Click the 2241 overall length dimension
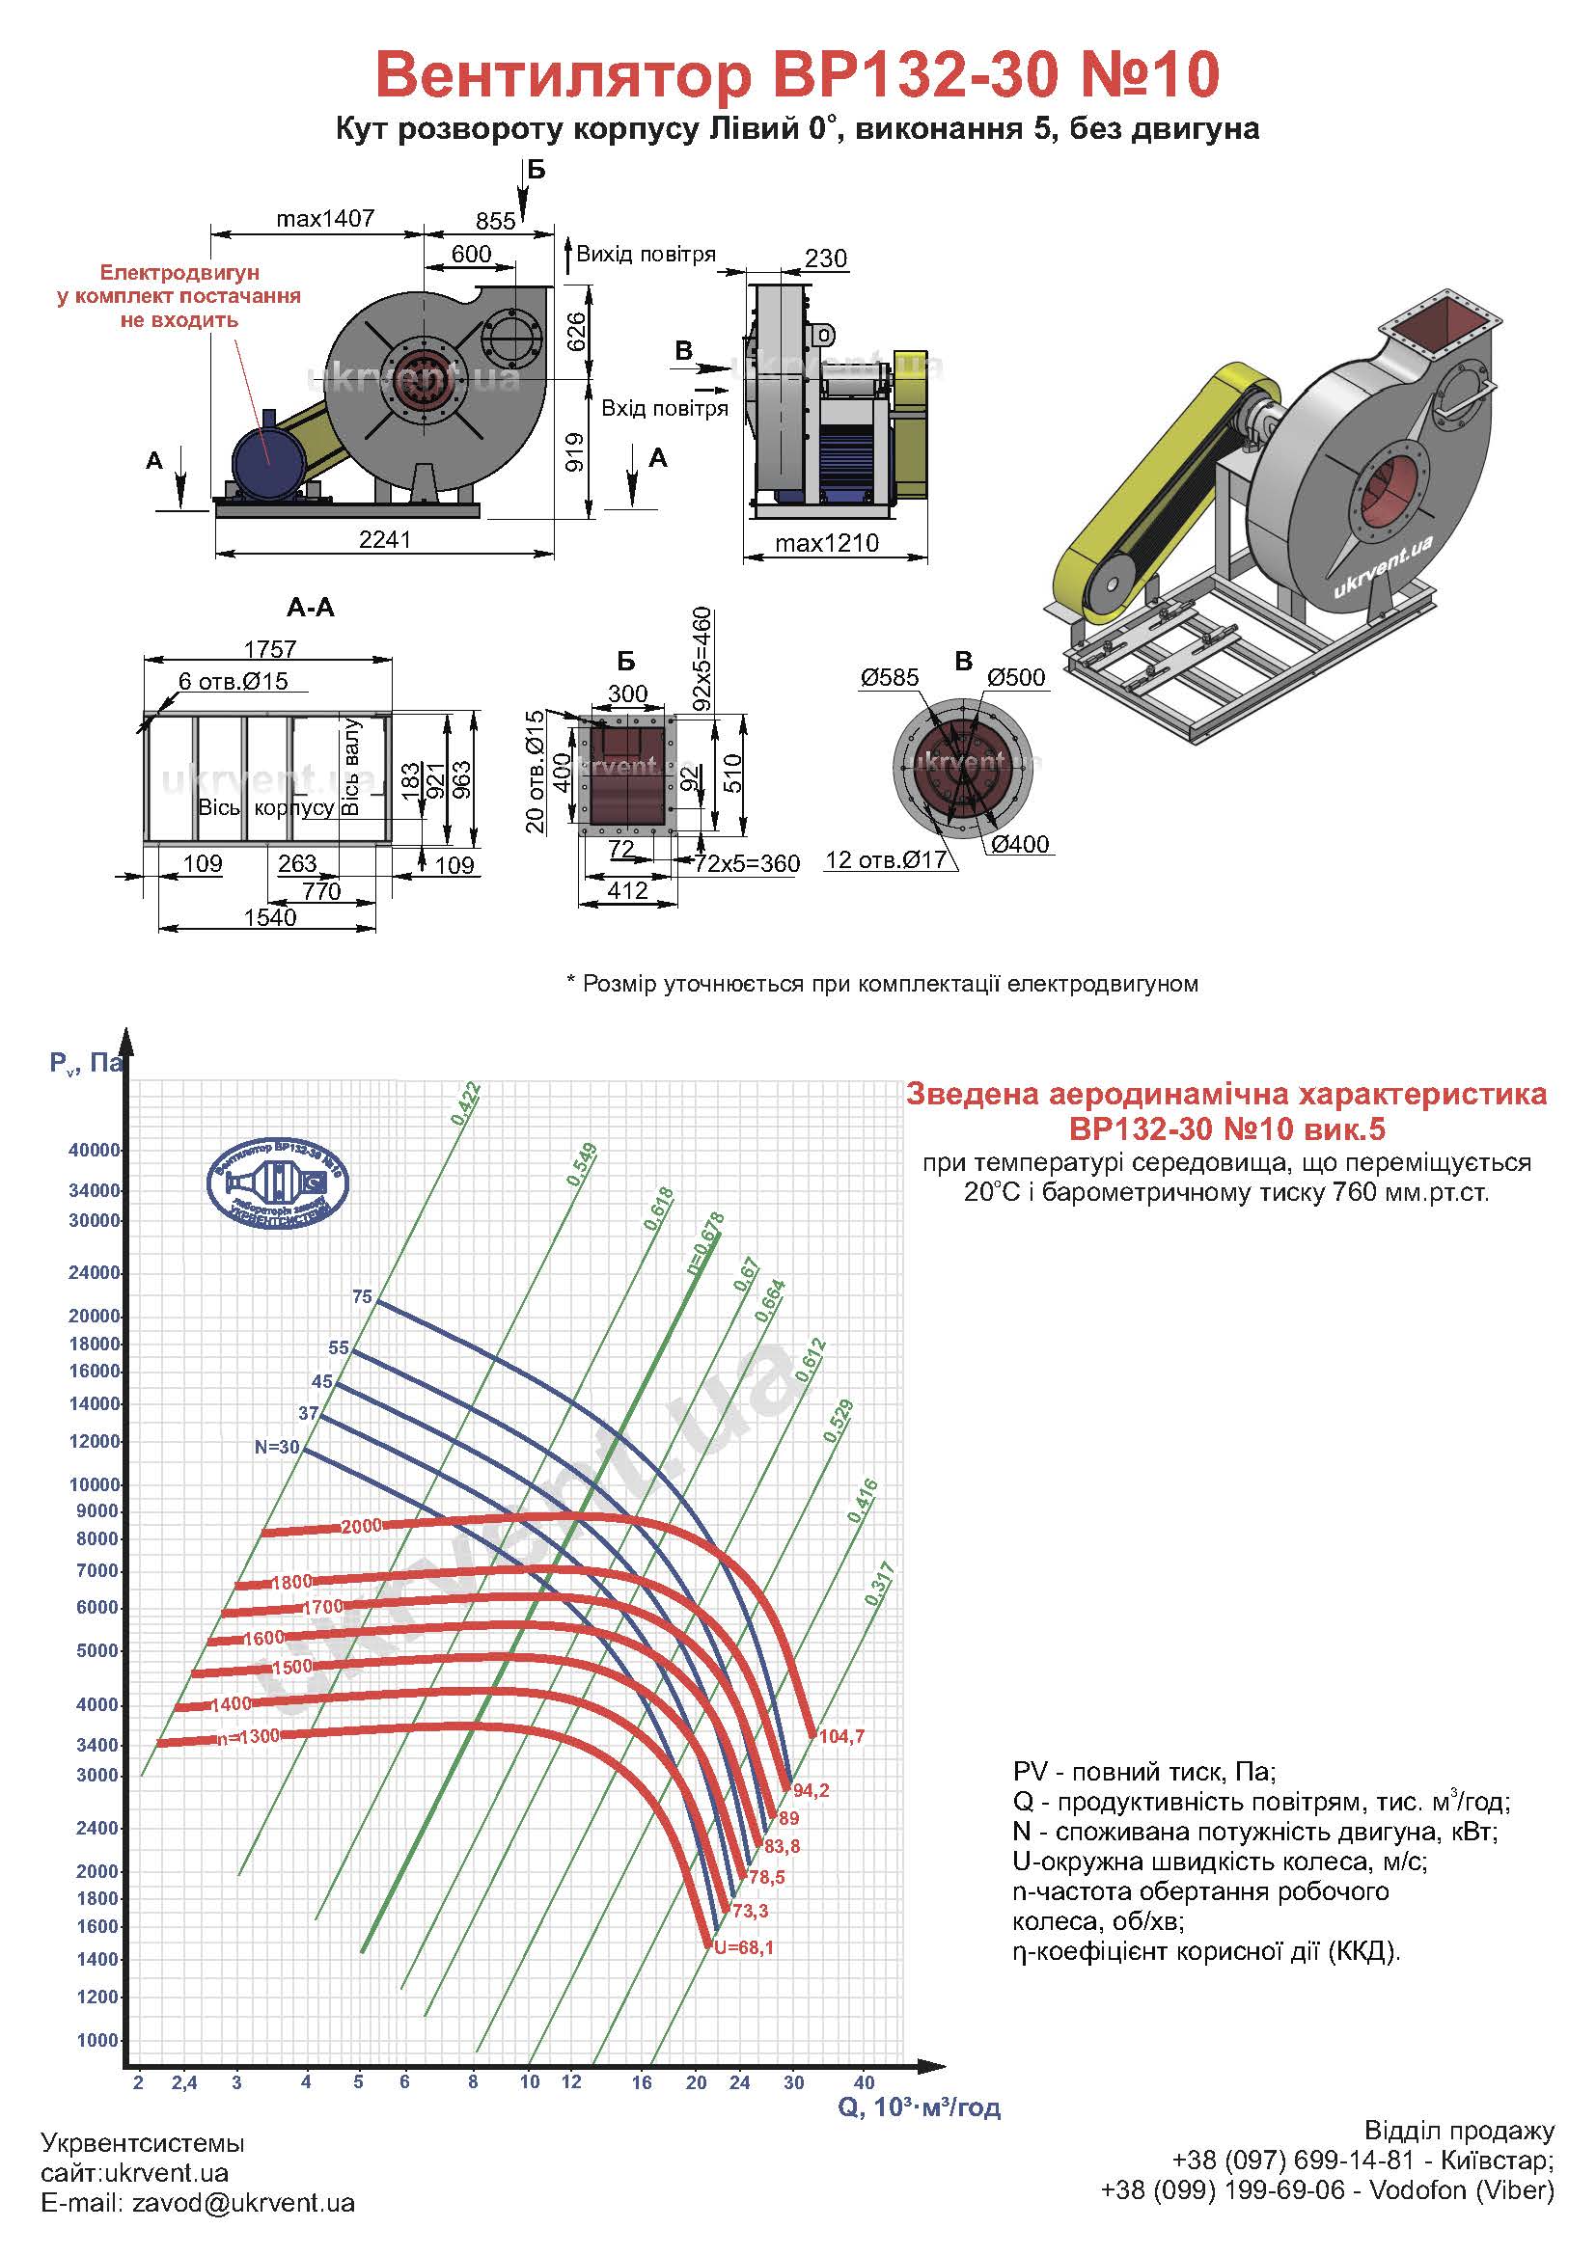coord(384,539)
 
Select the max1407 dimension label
coord(325,218)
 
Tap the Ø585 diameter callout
coord(890,677)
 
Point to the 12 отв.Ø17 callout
coord(886,859)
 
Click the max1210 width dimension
coord(827,543)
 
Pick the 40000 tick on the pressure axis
coord(95,1150)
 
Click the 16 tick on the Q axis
coord(642,2082)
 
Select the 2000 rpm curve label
coord(361,1526)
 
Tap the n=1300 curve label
coord(248,1736)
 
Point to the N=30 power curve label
coord(276,1448)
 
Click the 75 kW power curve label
coord(362,1297)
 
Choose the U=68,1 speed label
coord(744,1947)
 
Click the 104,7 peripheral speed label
coord(841,1736)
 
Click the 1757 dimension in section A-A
coord(270,649)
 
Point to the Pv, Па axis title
coord(87,1062)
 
